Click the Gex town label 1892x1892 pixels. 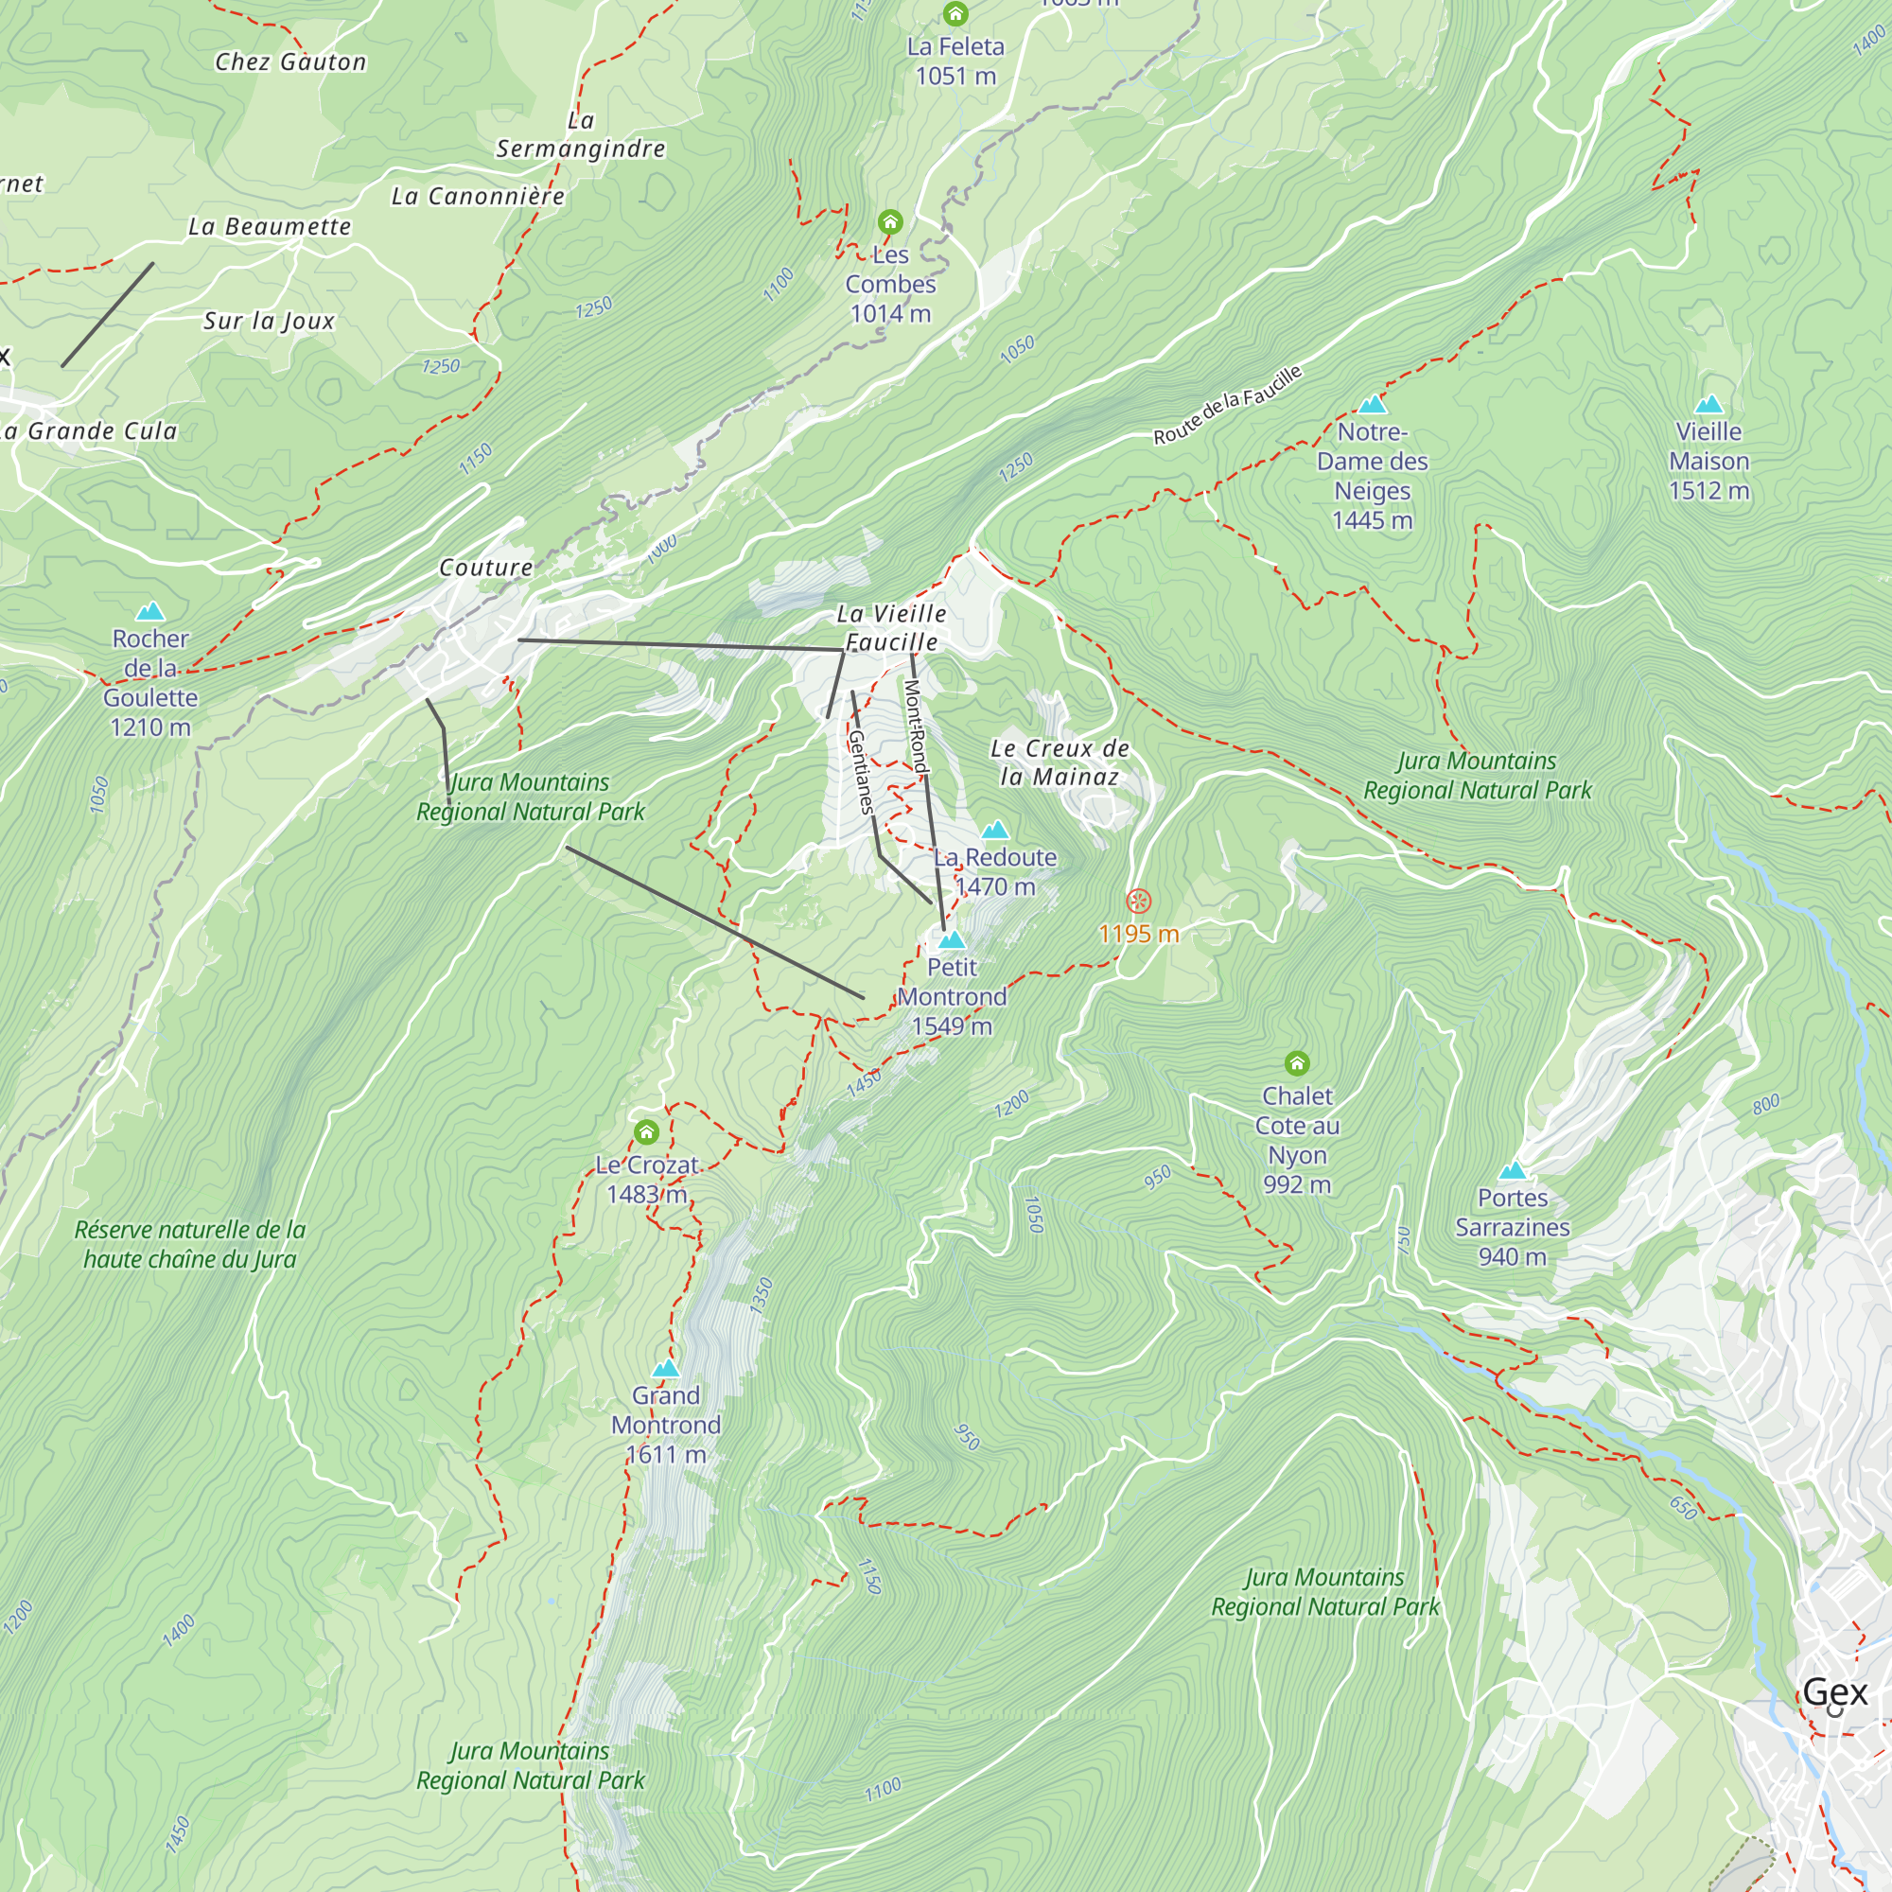[1834, 1691]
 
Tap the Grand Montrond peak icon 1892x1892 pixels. [666, 1368]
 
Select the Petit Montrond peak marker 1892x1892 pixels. [952, 940]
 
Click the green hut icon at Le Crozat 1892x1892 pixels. [646, 1133]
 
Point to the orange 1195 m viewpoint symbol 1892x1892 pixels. [1138, 901]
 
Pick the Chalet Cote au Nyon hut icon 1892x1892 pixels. [1297, 1063]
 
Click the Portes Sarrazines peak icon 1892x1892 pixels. [1513, 1171]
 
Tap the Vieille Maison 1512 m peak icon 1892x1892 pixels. [1708, 405]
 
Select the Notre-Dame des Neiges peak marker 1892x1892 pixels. [1372, 405]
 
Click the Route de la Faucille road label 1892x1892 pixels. [1227, 405]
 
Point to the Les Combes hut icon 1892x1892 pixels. [889, 221]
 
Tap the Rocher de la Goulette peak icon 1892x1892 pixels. [149, 612]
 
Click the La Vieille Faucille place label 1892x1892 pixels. [891, 628]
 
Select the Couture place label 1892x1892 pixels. [485, 567]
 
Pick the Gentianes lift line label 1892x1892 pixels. [860, 772]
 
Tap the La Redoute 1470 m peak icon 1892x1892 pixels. [995, 831]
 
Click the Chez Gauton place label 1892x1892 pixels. [290, 61]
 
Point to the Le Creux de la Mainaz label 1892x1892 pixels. [1060, 762]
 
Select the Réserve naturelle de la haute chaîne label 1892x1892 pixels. [190, 1244]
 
